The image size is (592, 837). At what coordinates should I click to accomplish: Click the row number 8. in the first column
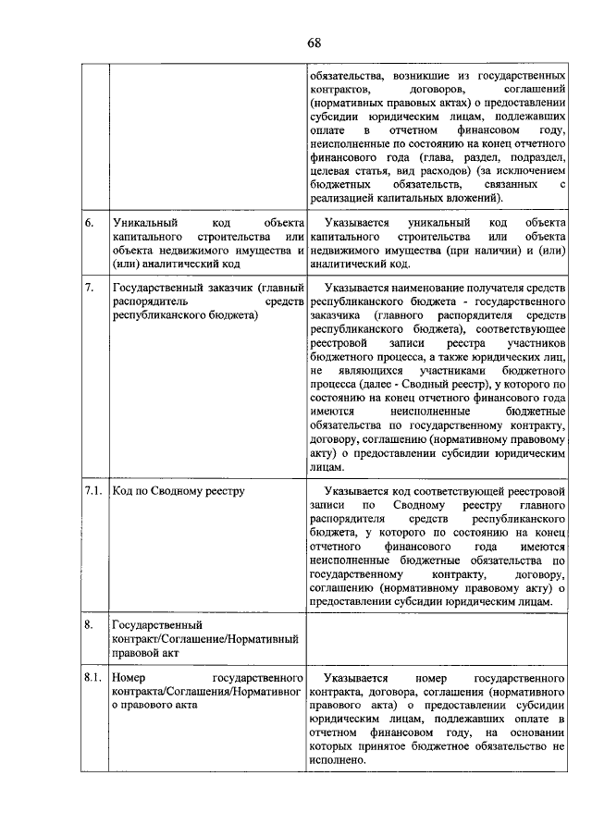pyautogui.click(x=88, y=624)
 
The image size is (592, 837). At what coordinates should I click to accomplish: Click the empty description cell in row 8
pyautogui.click(x=437, y=638)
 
